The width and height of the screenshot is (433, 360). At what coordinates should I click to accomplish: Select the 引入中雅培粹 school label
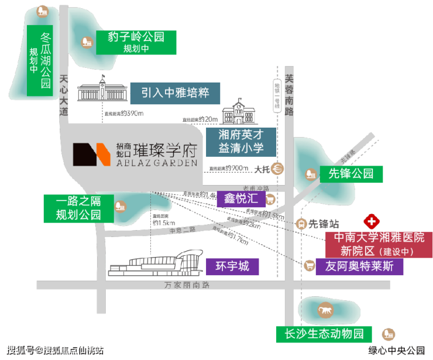[x=174, y=93]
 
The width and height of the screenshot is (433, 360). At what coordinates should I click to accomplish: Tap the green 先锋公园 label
[x=350, y=174]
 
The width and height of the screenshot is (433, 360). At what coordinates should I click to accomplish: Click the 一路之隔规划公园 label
[x=78, y=208]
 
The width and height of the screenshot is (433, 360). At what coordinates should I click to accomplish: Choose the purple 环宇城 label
[x=232, y=267]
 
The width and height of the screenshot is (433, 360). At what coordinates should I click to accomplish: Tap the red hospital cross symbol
[x=371, y=222]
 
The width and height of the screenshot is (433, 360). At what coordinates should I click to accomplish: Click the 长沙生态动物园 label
[x=324, y=334]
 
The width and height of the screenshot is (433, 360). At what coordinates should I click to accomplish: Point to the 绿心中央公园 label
[x=396, y=350]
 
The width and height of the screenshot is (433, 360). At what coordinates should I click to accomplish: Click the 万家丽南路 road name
[x=187, y=285]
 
